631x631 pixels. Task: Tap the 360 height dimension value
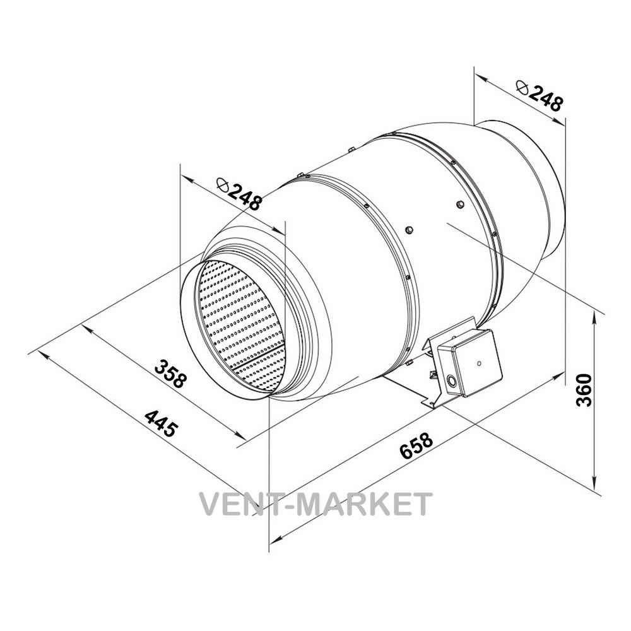click(x=583, y=390)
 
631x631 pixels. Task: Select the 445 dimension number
click(x=160, y=423)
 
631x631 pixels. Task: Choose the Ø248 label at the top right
click(x=538, y=95)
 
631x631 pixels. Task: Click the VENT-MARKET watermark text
click(x=316, y=504)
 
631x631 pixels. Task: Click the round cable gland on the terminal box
click(x=451, y=380)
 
